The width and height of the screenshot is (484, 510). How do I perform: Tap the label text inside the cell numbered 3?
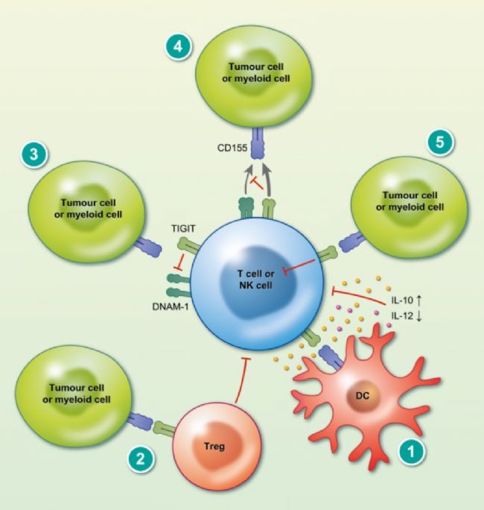point(87,207)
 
